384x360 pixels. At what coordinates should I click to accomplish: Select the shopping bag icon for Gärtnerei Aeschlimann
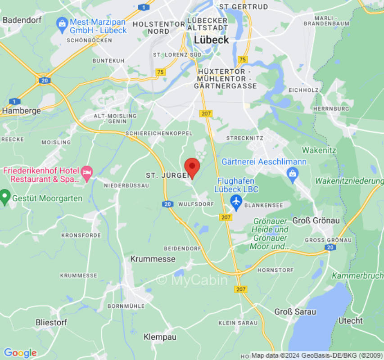point(293,173)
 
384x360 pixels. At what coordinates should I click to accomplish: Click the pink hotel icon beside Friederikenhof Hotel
point(86,171)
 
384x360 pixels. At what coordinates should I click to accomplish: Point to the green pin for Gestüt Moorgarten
point(5,196)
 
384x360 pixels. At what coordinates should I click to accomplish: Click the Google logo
point(20,353)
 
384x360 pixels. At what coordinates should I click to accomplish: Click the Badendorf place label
point(22,20)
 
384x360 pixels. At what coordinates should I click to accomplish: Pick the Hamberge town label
point(22,110)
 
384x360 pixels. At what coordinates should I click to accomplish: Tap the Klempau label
point(160,337)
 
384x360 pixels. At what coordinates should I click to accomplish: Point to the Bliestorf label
point(51,322)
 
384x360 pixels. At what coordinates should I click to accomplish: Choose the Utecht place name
point(351,320)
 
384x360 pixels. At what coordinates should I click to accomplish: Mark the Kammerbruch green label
point(357,275)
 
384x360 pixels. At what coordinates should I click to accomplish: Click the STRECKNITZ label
point(244,137)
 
